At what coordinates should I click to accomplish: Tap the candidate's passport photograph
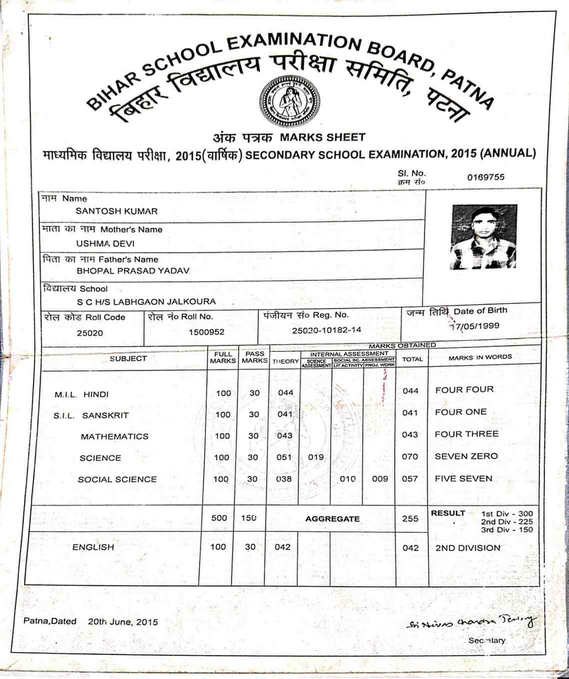point(484,237)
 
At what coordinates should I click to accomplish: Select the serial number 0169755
point(486,177)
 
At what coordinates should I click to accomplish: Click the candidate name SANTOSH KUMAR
point(116,211)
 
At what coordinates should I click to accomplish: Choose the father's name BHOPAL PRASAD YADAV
point(133,271)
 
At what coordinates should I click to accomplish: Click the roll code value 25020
point(90,333)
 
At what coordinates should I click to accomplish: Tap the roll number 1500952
point(206,332)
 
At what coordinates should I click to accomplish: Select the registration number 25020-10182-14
point(326,330)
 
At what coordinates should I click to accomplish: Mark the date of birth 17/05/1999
point(474,327)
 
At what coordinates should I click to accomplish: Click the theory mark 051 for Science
point(284,457)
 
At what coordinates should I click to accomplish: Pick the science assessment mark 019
point(316,457)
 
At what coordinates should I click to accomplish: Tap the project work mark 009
point(380,479)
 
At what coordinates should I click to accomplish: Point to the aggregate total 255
point(410,519)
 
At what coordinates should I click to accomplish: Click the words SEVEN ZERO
point(466,456)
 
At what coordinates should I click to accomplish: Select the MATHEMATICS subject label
point(114,436)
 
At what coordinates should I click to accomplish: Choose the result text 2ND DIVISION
point(468,548)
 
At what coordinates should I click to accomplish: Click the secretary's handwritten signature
point(472,622)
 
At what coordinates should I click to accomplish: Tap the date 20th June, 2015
point(123,622)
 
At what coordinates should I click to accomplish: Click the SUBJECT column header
point(128,358)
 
